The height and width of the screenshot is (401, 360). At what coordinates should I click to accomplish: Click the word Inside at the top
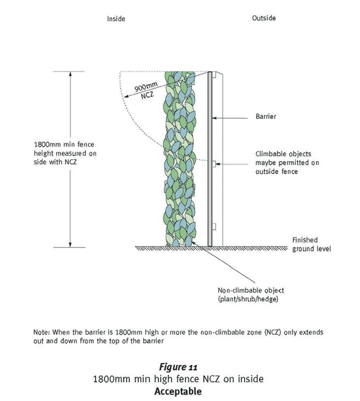click(x=116, y=18)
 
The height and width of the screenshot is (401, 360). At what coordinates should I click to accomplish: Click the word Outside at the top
click(x=264, y=18)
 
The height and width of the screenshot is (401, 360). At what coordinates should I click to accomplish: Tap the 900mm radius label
click(x=146, y=87)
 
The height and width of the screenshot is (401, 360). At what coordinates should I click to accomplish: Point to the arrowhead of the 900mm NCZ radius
click(x=126, y=97)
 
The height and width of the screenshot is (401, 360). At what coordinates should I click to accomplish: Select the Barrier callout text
click(x=266, y=116)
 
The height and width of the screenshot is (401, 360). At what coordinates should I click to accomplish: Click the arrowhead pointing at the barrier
click(x=214, y=118)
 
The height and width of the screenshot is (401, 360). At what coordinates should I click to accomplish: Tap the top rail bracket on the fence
click(x=214, y=74)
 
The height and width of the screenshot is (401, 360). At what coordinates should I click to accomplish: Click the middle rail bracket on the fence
click(x=214, y=164)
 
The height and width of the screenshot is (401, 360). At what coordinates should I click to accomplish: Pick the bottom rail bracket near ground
click(x=214, y=226)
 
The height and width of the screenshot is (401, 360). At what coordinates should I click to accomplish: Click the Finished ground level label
click(x=312, y=244)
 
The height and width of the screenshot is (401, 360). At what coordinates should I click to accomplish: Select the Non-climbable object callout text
click(x=251, y=294)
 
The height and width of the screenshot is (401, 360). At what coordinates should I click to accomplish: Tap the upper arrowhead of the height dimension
click(x=70, y=74)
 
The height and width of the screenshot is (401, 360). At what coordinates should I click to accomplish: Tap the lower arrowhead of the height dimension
click(x=70, y=245)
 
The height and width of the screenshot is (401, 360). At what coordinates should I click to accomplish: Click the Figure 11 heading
click(x=178, y=367)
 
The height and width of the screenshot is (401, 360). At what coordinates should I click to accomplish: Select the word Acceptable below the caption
click(x=178, y=391)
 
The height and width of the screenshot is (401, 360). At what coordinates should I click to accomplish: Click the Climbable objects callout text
click(x=287, y=162)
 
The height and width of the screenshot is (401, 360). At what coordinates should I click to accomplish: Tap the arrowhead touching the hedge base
click(x=193, y=242)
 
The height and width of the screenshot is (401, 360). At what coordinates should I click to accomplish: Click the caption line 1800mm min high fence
click(x=178, y=379)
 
